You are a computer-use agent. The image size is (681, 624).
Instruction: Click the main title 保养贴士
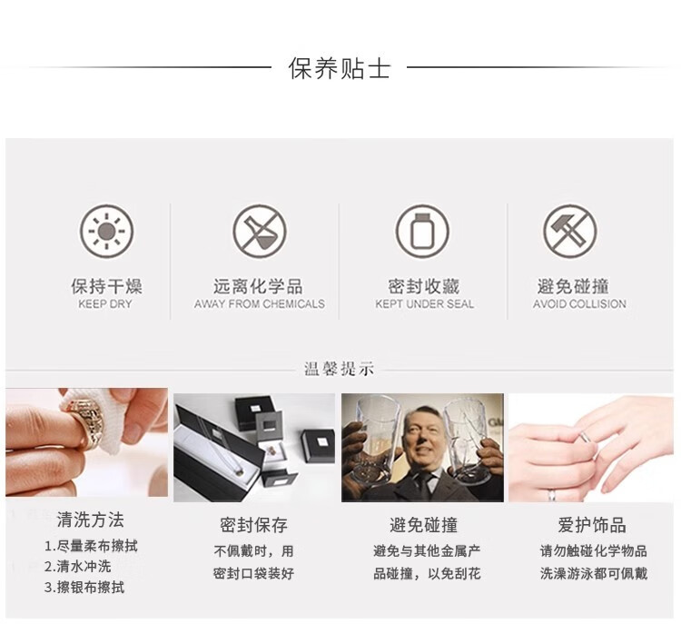pyautogui.click(x=340, y=68)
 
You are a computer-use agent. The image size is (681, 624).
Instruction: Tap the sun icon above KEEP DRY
pyautogui.click(x=106, y=232)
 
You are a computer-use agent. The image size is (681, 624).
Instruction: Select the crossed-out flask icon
pyautogui.click(x=260, y=232)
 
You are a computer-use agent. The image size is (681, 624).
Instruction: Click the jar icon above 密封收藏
pyautogui.click(x=422, y=232)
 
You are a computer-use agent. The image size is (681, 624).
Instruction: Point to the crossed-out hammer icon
pyautogui.click(x=570, y=232)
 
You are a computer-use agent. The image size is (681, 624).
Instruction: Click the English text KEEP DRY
pyautogui.click(x=105, y=303)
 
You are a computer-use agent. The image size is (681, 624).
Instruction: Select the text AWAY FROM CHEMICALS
pyautogui.click(x=260, y=303)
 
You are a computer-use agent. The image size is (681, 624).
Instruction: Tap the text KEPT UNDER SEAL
pyautogui.click(x=424, y=303)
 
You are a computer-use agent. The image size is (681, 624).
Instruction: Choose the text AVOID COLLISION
pyautogui.click(x=579, y=303)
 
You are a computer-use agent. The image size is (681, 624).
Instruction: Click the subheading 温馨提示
pyautogui.click(x=340, y=369)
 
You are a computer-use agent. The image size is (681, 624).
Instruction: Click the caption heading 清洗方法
pyautogui.click(x=90, y=520)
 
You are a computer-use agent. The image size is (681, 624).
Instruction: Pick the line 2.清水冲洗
pyautogui.click(x=78, y=567)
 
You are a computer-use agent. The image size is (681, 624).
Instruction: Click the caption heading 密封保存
pyautogui.click(x=253, y=525)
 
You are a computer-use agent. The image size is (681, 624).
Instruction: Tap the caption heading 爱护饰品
pyautogui.click(x=592, y=525)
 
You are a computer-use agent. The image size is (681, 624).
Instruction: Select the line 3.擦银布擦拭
pyautogui.click(x=84, y=588)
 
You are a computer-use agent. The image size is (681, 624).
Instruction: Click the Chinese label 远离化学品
pyautogui.click(x=258, y=286)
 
